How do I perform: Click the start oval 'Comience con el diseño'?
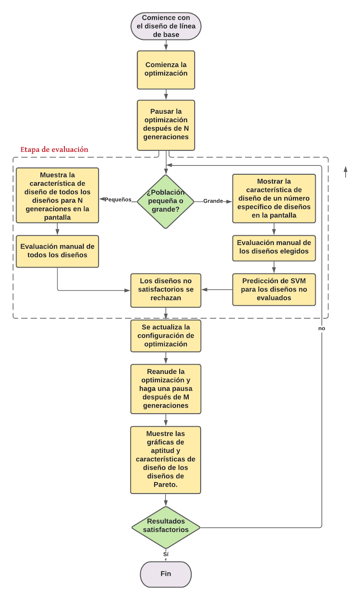tap(166, 26)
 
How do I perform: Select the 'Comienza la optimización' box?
tap(166, 70)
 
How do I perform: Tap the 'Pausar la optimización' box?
tap(166, 125)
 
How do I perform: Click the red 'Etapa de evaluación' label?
tap(54, 150)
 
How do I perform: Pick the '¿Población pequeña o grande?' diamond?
tap(165, 201)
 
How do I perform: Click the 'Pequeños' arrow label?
tap(118, 199)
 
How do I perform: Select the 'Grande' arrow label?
tap(213, 201)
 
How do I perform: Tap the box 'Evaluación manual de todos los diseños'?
tap(57, 251)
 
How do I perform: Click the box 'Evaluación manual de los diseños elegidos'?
tap(274, 248)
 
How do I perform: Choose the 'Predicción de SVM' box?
tap(274, 289)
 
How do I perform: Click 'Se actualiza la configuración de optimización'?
tap(166, 336)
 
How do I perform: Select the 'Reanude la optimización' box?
tap(166, 389)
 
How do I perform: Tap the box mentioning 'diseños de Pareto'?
tap(165, 460)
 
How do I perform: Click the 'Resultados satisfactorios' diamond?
tap(166, 527)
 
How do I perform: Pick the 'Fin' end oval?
tap(166, 574)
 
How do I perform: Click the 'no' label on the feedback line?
tap(322, 328)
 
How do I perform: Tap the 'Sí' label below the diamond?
tap(166, 554)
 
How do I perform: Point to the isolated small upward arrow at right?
tap(345, 172)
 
